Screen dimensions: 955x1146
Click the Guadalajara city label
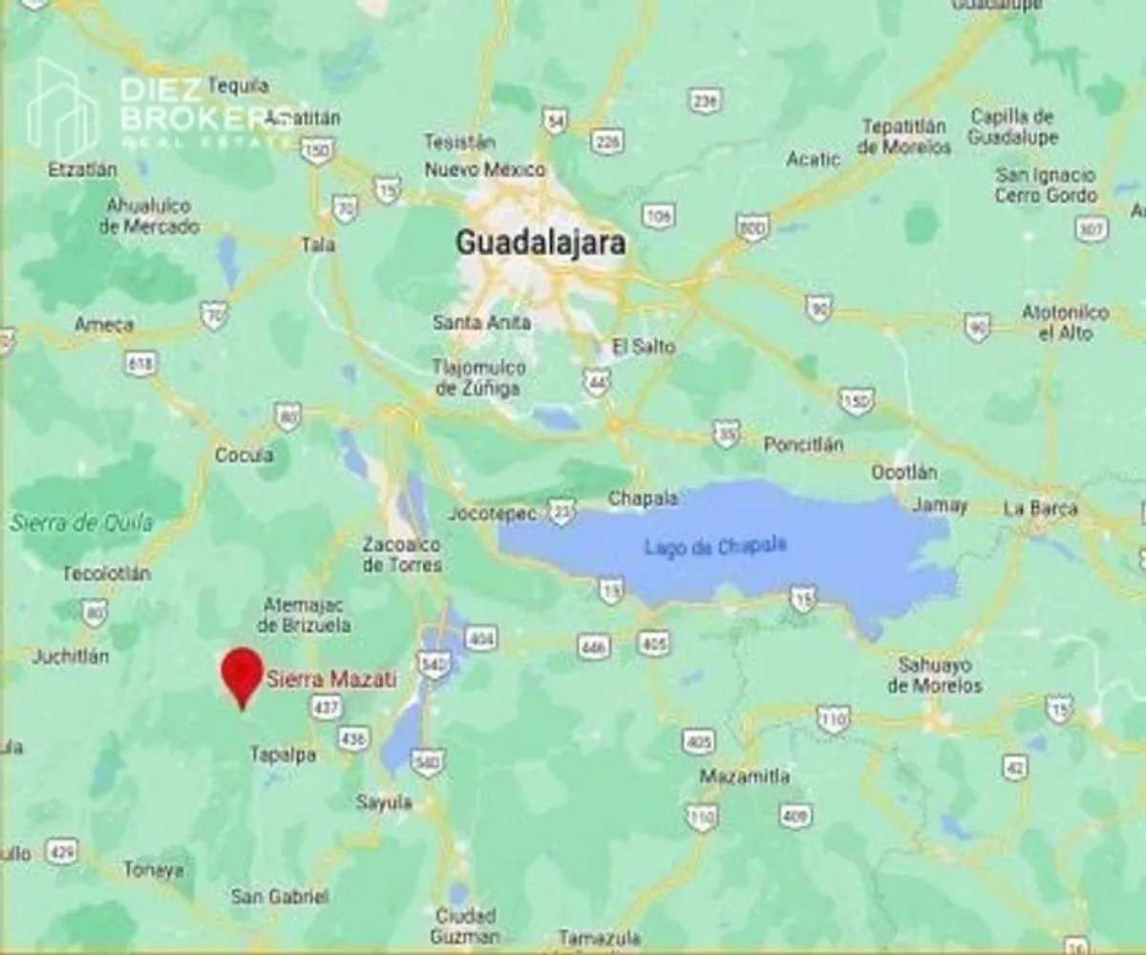coord(541,243)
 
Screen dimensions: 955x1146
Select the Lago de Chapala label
coord(715,546)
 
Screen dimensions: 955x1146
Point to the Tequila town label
coord(238,86)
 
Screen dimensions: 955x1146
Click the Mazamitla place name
coord(745,775)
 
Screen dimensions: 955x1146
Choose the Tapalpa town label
coord(283,754)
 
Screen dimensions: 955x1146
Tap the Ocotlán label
coord(904,473)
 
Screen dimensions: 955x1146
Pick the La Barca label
coord(1040,508)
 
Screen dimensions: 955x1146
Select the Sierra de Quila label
coord(81,522)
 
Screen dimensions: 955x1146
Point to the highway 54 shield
coord(555,120)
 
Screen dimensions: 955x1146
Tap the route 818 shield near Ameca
coord(139,363)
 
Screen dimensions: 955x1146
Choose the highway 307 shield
coord(1091,229)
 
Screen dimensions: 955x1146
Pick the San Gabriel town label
coord(280,896)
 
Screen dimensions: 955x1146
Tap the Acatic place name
coord(814,159)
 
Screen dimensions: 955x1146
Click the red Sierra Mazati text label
coord(330,679)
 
